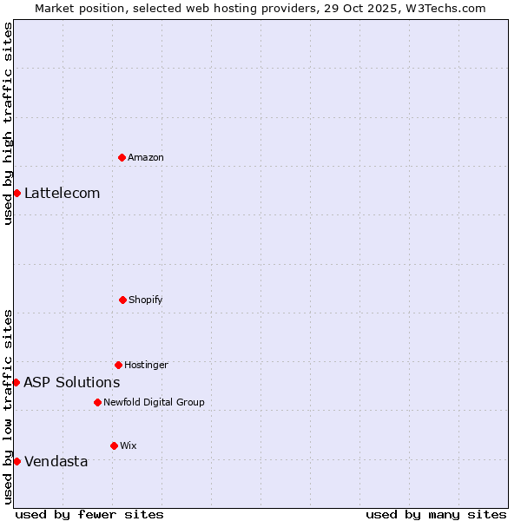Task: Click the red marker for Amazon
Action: (x=122, y=157)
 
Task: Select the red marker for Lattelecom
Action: (x=16, y=193)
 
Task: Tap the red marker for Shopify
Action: (x=122, y=300)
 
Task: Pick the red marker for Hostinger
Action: (x=118, y=365)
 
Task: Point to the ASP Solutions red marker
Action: (x=16, y=382)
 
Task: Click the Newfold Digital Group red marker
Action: (x=97, y=402)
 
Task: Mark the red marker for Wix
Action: (x=114, y=445)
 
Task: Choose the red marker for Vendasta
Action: (x=16, y=461)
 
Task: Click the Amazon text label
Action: (x=146, y=157)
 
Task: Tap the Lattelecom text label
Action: (x=63, y=193)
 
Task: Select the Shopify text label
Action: (x=146, y=300)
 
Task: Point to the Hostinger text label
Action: (x=146, y=365)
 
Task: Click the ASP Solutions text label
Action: (x=72, y=382)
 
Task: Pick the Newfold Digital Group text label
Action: (x=154, y=402)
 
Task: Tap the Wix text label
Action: (x=129, y=445)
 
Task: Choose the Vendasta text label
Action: (x=56, y=461)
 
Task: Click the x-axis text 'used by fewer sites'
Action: (x=89, y=514)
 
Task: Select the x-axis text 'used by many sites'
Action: (x=436, y=514)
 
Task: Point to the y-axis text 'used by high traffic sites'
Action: (x=8, y=123)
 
